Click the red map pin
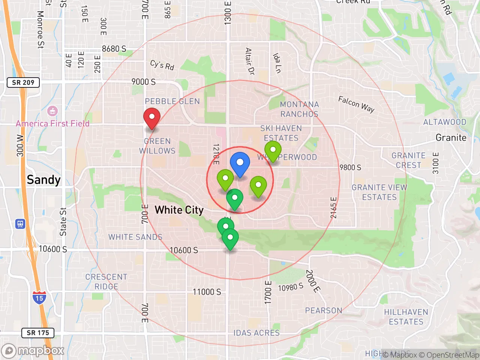[x=152, y=118]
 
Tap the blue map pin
[x=240, y=164]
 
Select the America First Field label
[x=52, y=123]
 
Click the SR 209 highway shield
[x=23, y=82]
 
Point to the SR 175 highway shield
[x=38, y=333]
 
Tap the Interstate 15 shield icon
[x=39, y=297]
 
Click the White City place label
[x=179, y=210]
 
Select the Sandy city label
[x=43, y=180]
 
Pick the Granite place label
[x=451, y=138]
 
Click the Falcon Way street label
[x=356, y=104]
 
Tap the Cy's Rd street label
[x=162, y=65]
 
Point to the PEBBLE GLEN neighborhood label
[x=172, y=101]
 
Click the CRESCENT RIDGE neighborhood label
[x=106, y=282]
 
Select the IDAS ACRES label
[x=256, y=333]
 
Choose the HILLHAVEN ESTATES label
[x=406, y=317]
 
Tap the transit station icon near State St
[x=20, y=224]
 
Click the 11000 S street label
[x=207, y=292]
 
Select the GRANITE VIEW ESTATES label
[x=379, y=192]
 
